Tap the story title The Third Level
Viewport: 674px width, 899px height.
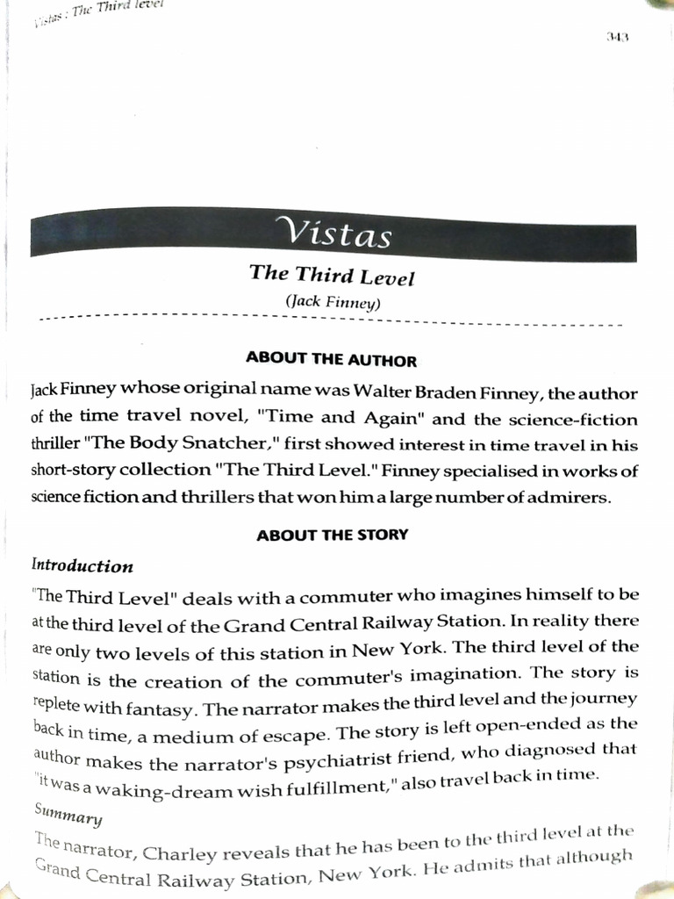tap(332, 275)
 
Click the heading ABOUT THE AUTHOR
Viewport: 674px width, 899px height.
tap(331, 360)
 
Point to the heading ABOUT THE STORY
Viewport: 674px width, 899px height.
tap(332, 535)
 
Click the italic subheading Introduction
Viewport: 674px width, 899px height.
tap(82, 566)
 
